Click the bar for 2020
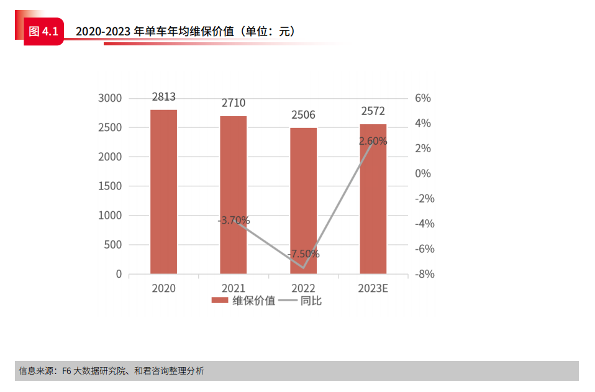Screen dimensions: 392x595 (163, 191)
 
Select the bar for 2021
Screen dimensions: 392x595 (233, 194)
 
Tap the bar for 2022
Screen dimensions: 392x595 (303, 201)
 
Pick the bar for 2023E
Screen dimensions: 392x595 (373, 199)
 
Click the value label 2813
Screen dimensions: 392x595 (163, 96)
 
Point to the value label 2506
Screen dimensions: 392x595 (303, 115)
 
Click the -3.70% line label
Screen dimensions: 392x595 (234, 220)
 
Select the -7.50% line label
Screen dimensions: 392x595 (304, 253)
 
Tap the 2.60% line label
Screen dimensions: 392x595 (373, 141)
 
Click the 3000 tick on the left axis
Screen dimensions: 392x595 (110, 98)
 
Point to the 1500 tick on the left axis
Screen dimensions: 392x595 (110, 186)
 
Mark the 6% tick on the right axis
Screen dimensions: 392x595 (422, 98)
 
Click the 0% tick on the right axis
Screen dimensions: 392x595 (422, 173)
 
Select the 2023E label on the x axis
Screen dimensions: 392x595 (373, 288)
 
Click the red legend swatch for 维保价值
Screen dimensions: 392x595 (220, 301)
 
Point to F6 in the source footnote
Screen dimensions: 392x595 (67, 371)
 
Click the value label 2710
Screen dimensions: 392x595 (233, 103)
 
